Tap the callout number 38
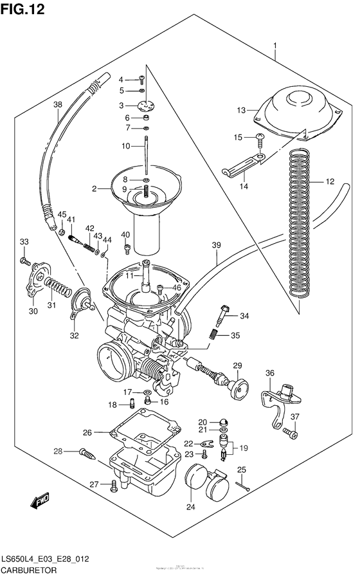57,105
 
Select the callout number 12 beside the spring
330,181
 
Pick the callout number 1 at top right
274,45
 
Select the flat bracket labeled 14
241,165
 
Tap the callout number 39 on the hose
216,246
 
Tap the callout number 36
270,373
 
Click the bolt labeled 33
25,261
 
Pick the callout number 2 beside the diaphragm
94,189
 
